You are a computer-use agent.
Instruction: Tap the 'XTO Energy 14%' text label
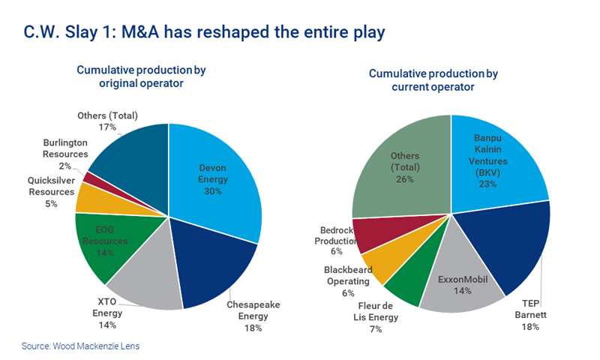point(107,313)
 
